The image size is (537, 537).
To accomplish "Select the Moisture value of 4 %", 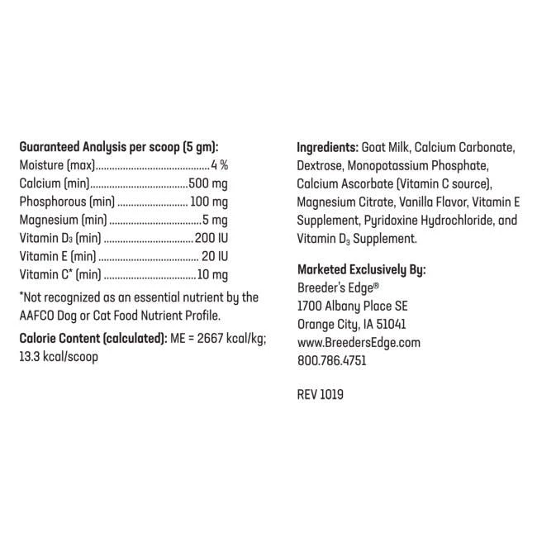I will click(x=219, y=165).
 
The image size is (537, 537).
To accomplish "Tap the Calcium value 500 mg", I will click(x=209, y=183).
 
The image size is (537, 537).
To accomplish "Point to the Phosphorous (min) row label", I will click(x=66, y=202).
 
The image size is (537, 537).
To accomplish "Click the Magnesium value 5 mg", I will click(x=216, y=220).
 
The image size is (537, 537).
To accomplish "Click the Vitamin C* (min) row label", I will click(x=59, y=274).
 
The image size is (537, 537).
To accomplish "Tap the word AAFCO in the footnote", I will click(x=38, y=315).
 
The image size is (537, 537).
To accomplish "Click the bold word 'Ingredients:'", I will click(x=327, y=147).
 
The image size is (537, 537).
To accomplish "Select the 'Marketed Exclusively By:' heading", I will click(x=361, y=269).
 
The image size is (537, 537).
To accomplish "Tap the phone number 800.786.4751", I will click(x=330, y=360).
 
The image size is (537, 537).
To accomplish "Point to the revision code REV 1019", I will click(x=320, y=395).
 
